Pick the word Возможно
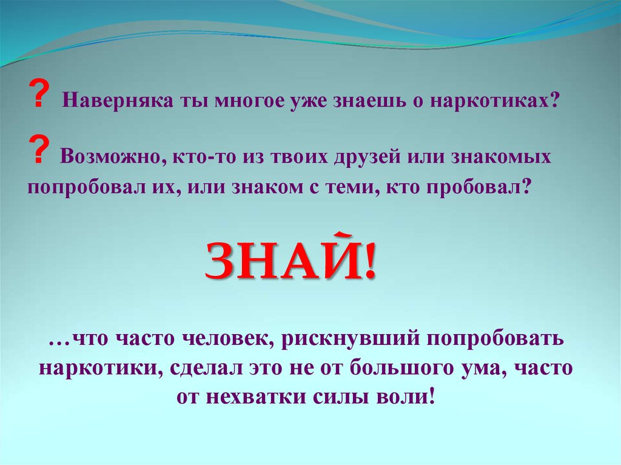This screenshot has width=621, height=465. pos(110,157)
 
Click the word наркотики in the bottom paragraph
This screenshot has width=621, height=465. pos(98,368)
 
